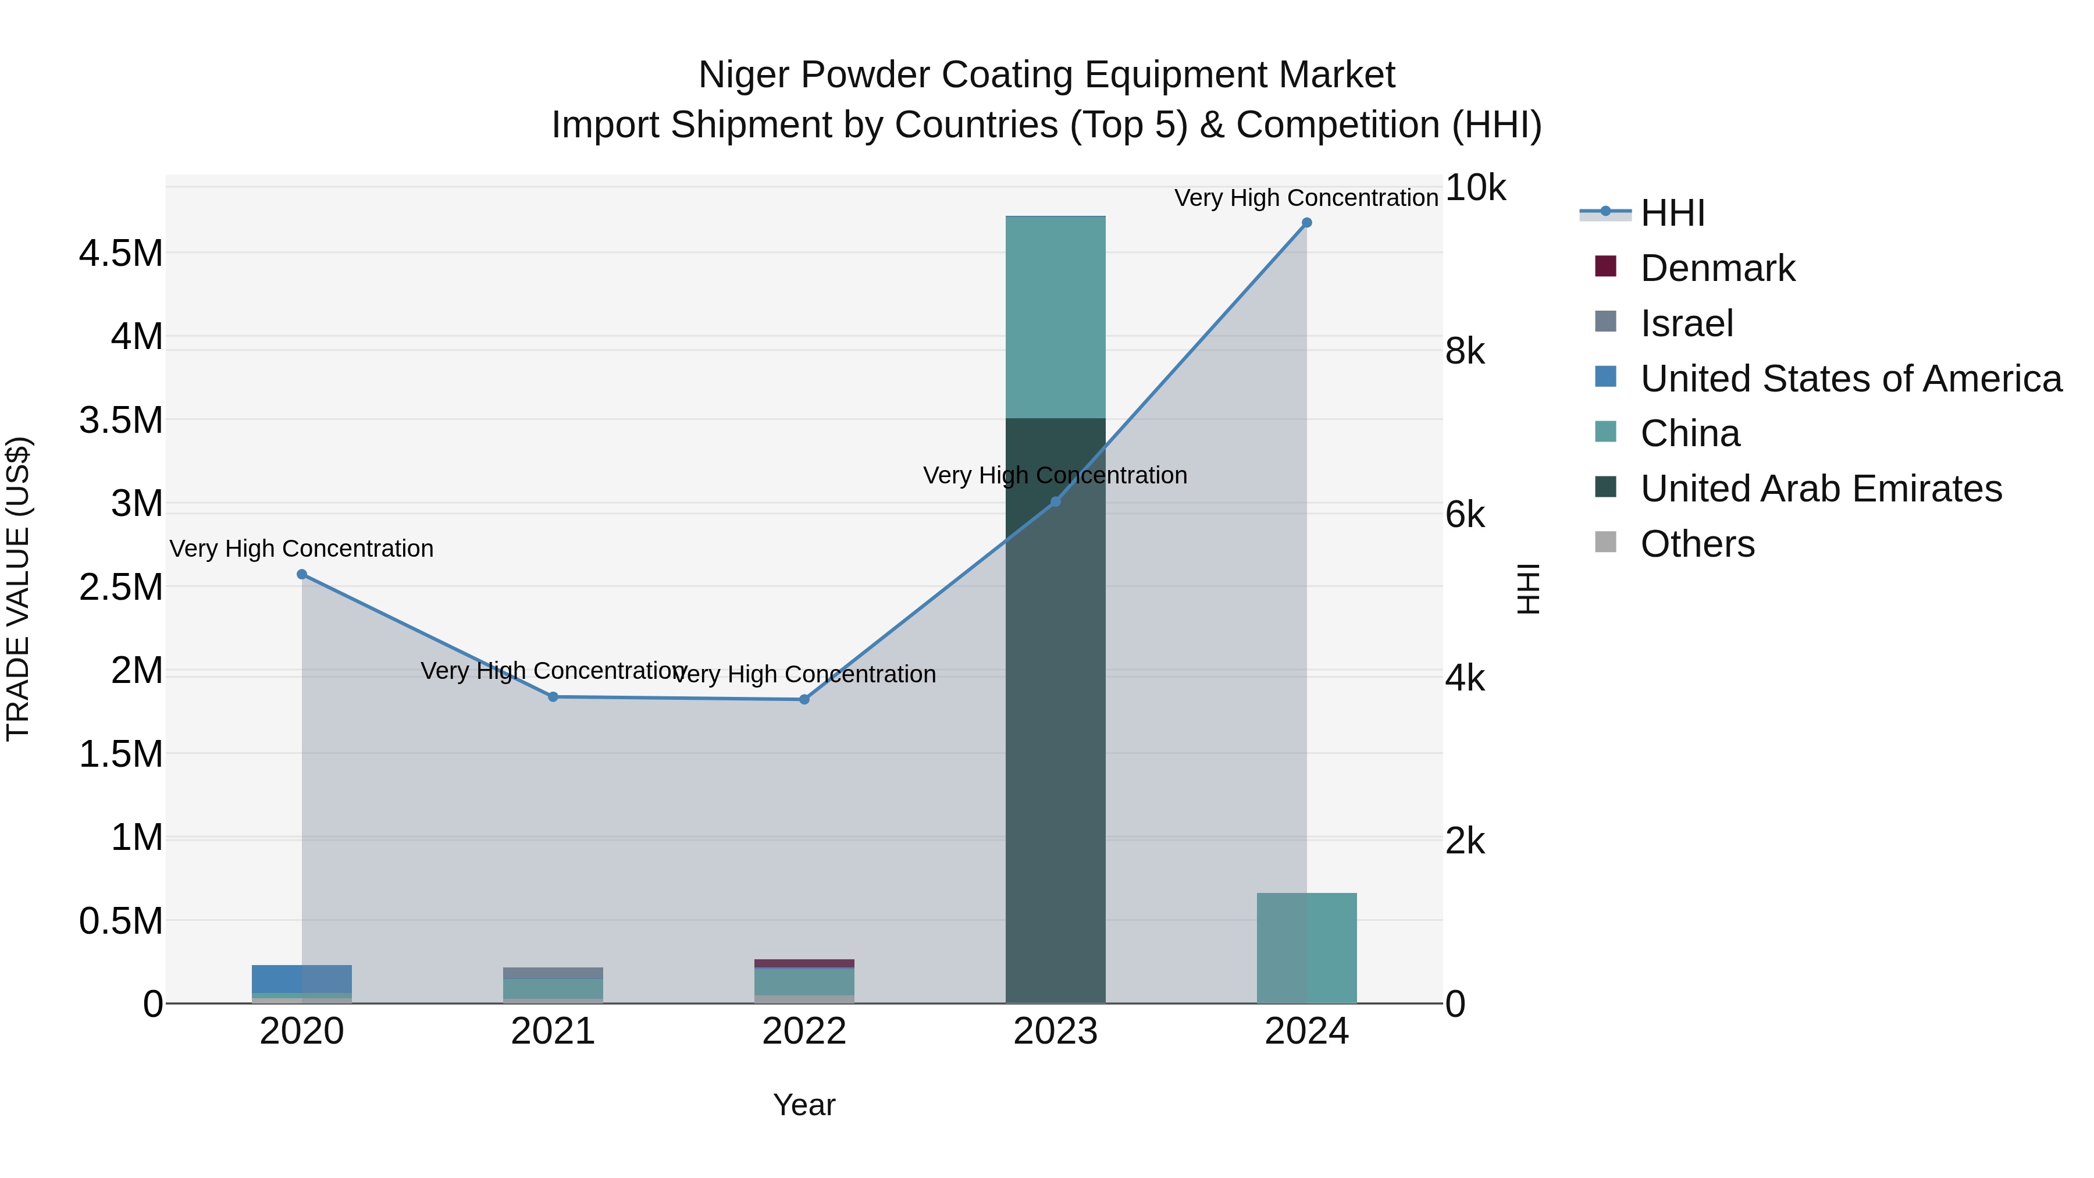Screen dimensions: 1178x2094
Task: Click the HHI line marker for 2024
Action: tap(1306, 223)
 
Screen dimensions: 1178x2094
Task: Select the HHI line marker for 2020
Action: tap(301, 574)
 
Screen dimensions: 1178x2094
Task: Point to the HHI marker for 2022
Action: tap(804, 699)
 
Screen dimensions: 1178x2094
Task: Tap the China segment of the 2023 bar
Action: tap(1055, 317)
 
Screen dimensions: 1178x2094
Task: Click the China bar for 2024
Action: tap(1306, 948)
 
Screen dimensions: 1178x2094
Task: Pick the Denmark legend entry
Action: tap(1717, 268)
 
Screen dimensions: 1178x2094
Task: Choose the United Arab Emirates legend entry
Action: tap(1821, 489)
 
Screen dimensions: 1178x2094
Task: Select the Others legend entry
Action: tap(1697, 544)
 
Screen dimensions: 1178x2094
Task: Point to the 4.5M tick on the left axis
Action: tap(120, 254)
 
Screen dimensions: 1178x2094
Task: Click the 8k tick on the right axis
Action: tap(1465, 351)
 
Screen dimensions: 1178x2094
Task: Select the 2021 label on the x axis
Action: tap(553, 1031)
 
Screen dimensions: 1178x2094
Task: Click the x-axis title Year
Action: tap(804, 1105)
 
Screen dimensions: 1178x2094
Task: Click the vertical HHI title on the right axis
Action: tap(1528, 589)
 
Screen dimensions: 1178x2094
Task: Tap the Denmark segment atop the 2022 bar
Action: tap(804, 963)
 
